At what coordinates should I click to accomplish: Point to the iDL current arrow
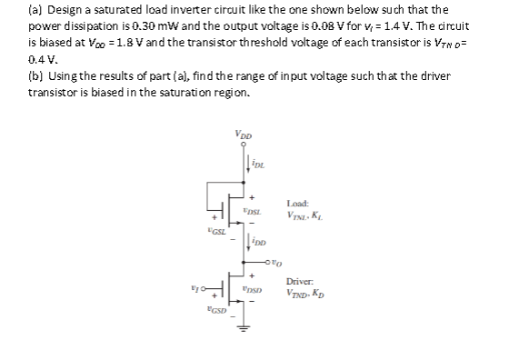click(x=243, y=165)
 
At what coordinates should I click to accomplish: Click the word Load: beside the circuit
click(x=297, y=203)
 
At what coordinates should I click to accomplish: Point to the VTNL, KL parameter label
click(x=303, y=215)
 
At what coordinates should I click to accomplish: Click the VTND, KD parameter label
click(x=304, y=294)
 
